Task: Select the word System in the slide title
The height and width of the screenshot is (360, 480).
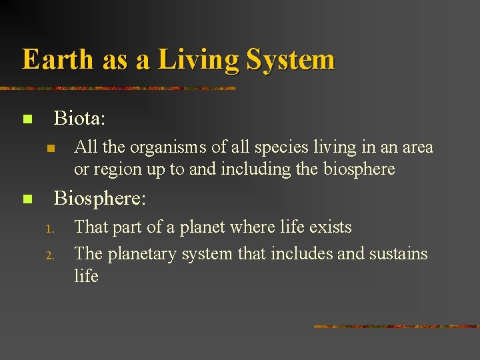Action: [290, 59]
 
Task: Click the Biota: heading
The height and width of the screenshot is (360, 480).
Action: [79, 119]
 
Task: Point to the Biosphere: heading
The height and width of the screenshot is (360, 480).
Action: [99, 199]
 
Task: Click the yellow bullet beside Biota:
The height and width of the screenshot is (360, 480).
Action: [27, 120]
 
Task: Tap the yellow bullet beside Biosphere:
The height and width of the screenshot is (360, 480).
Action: [27, 199]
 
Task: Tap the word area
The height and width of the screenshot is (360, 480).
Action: [417, 147]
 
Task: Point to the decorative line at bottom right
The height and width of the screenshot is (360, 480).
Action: [397, 327]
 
